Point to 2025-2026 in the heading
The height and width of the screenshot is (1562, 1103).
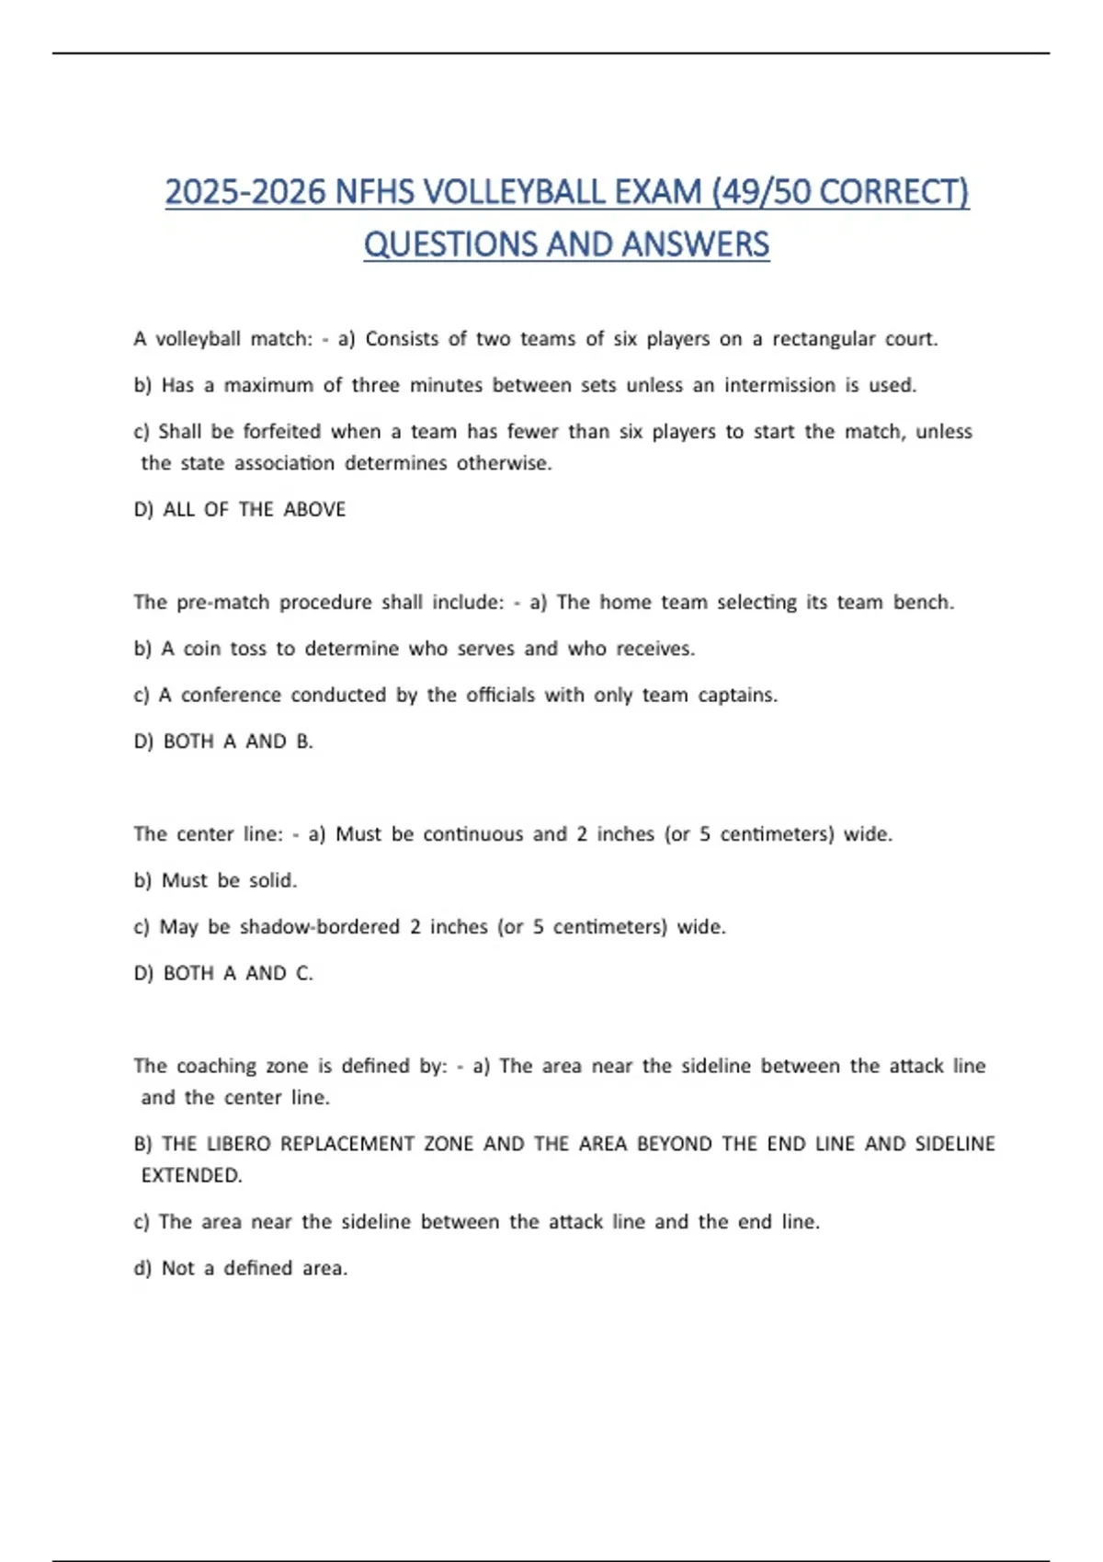(x=245, y=192)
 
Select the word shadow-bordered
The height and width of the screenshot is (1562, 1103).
(x=319, y=927)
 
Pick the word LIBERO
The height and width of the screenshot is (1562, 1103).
(x=238, y=1144)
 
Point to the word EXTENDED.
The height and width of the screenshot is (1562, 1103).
(x=191, y=1175)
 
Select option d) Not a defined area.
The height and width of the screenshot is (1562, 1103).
(x=241, y=1269)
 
